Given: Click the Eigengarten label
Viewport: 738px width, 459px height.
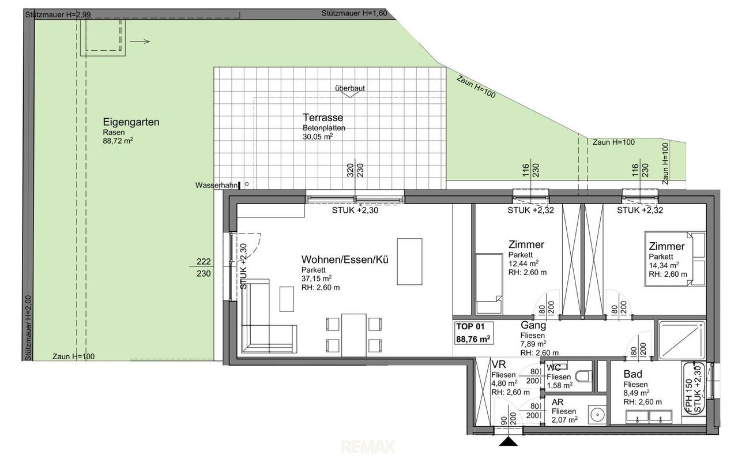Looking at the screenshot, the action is tap(131, 122).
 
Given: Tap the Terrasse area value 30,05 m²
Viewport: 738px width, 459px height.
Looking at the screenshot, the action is tap(318, 137).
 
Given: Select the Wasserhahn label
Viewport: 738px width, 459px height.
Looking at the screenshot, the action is tap(216, 185).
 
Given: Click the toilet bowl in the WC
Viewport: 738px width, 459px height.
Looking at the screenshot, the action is tap(584, 377).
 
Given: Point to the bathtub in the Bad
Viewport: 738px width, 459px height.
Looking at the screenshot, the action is tap(694, 389).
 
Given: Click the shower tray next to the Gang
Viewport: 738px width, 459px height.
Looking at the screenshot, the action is tap(681, 340).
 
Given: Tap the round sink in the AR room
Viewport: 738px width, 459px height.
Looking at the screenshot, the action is tap(597, 414).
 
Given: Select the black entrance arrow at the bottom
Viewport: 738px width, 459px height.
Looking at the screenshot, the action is tap(509, 441).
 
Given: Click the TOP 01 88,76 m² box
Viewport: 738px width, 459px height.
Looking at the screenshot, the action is tap(473, 333).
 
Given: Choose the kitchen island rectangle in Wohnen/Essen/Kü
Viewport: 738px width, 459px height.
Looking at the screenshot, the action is tap(409, 262).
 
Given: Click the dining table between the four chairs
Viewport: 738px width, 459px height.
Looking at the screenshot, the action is tap(354, 335).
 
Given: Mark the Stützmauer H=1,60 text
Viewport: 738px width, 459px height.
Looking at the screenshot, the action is tap(354, 13).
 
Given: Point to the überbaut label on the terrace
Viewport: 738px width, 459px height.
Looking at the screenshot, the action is tap(350, 88).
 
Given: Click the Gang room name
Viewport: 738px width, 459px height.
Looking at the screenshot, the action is tap(533, 325).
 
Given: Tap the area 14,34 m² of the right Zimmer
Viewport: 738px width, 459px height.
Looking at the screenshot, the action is tap(664, 265).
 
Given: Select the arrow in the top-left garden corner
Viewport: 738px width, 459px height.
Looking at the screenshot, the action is tap(140, 42).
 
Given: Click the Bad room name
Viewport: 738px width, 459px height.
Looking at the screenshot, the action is tap(633, 374).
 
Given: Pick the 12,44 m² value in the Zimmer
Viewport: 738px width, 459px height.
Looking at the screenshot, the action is tap(523, 264).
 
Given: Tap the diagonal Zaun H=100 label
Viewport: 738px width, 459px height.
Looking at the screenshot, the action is tap(476, 87).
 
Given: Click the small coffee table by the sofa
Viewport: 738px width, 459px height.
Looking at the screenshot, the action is tap(287, 299).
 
